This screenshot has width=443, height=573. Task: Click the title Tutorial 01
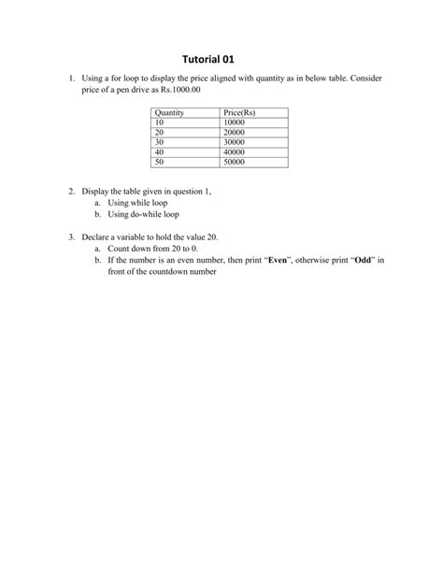click(x=221, y=58)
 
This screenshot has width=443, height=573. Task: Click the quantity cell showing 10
click(x=160, y=122)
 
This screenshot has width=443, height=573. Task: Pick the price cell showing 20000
click(x=236, y=132)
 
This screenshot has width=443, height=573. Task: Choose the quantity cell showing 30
click(x=160, y=142)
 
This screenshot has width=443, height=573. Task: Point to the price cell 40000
click(x=236, y=151)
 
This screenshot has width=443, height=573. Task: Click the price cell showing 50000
click(x=236, y=162)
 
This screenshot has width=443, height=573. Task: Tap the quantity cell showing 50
click(x=160, y=162)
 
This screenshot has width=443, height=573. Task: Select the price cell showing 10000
click(x=236, y=122)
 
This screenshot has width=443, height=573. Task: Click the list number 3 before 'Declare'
click(x=71, y=237)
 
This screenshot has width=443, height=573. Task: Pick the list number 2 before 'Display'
click(x=71, y=191)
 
